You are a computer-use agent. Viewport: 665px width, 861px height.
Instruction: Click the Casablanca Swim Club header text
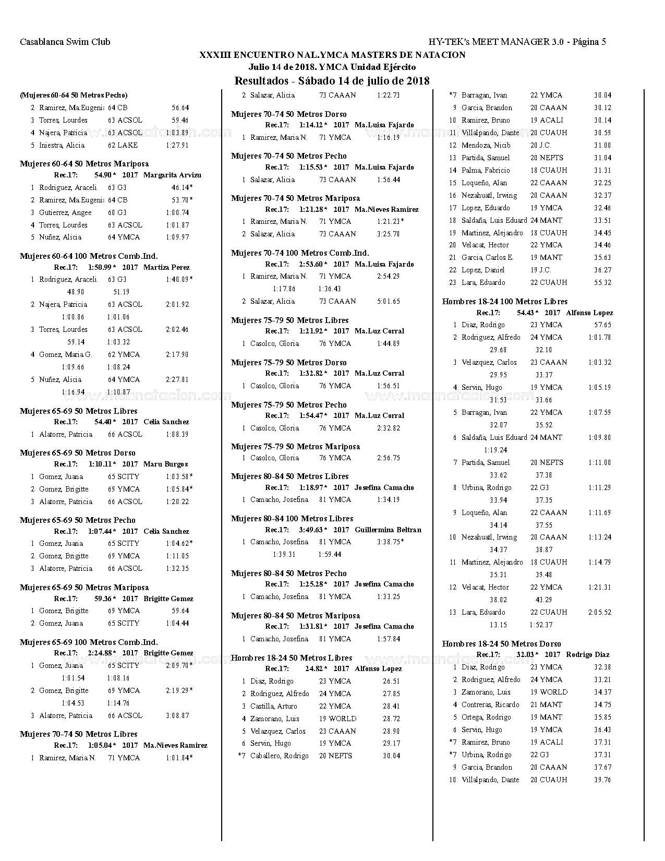pyautogui.click(x=65, y=42)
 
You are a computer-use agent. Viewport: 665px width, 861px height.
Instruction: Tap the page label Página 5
pyautogui.click(x=589, y=42)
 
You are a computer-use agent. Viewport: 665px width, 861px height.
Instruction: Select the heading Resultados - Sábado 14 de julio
pyautogui.click(x=332, y=81)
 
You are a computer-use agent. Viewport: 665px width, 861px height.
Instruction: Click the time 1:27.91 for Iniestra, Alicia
pyautogui.click(x=177, y=146)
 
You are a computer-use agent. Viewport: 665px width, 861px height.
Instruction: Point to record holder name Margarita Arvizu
pyautogui.click(x=172, y=175)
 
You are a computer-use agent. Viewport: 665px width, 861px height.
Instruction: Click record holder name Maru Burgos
pyautogui.click(x=165, y=464)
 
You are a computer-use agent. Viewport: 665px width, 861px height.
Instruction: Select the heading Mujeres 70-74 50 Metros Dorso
pyautogui.click(x=288, y=114)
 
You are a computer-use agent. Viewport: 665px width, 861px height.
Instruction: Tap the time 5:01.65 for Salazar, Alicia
pyautogui.click(x=388, y=302)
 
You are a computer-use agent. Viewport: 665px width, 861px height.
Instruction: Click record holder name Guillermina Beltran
pyautogui.click(x=388, y=530)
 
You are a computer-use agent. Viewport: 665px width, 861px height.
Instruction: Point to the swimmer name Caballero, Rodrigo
pyautogui.click(x=279, y=756)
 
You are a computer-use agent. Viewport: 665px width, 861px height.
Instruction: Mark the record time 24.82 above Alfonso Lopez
pyautogui.click(x=314, y=669)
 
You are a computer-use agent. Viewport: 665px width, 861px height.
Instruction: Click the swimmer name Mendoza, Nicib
pyautogui.click(x=486, y=146)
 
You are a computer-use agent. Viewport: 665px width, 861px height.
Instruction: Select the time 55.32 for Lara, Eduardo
pyautogui.click(x=602, y=283)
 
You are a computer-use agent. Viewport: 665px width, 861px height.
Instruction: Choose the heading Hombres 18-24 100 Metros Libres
pyautogui.click(x=504, y=302)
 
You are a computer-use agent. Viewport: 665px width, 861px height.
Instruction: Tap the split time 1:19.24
pyautogui.click(x=495, y=450)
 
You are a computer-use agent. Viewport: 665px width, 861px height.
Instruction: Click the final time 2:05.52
pyautogui.click(x=599, y=613)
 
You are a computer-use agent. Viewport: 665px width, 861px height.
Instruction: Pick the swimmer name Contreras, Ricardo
pyautogui.click(x=490, y=705)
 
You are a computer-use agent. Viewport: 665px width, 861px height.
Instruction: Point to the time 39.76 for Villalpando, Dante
pyautogui.click(x=602, y=780)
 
